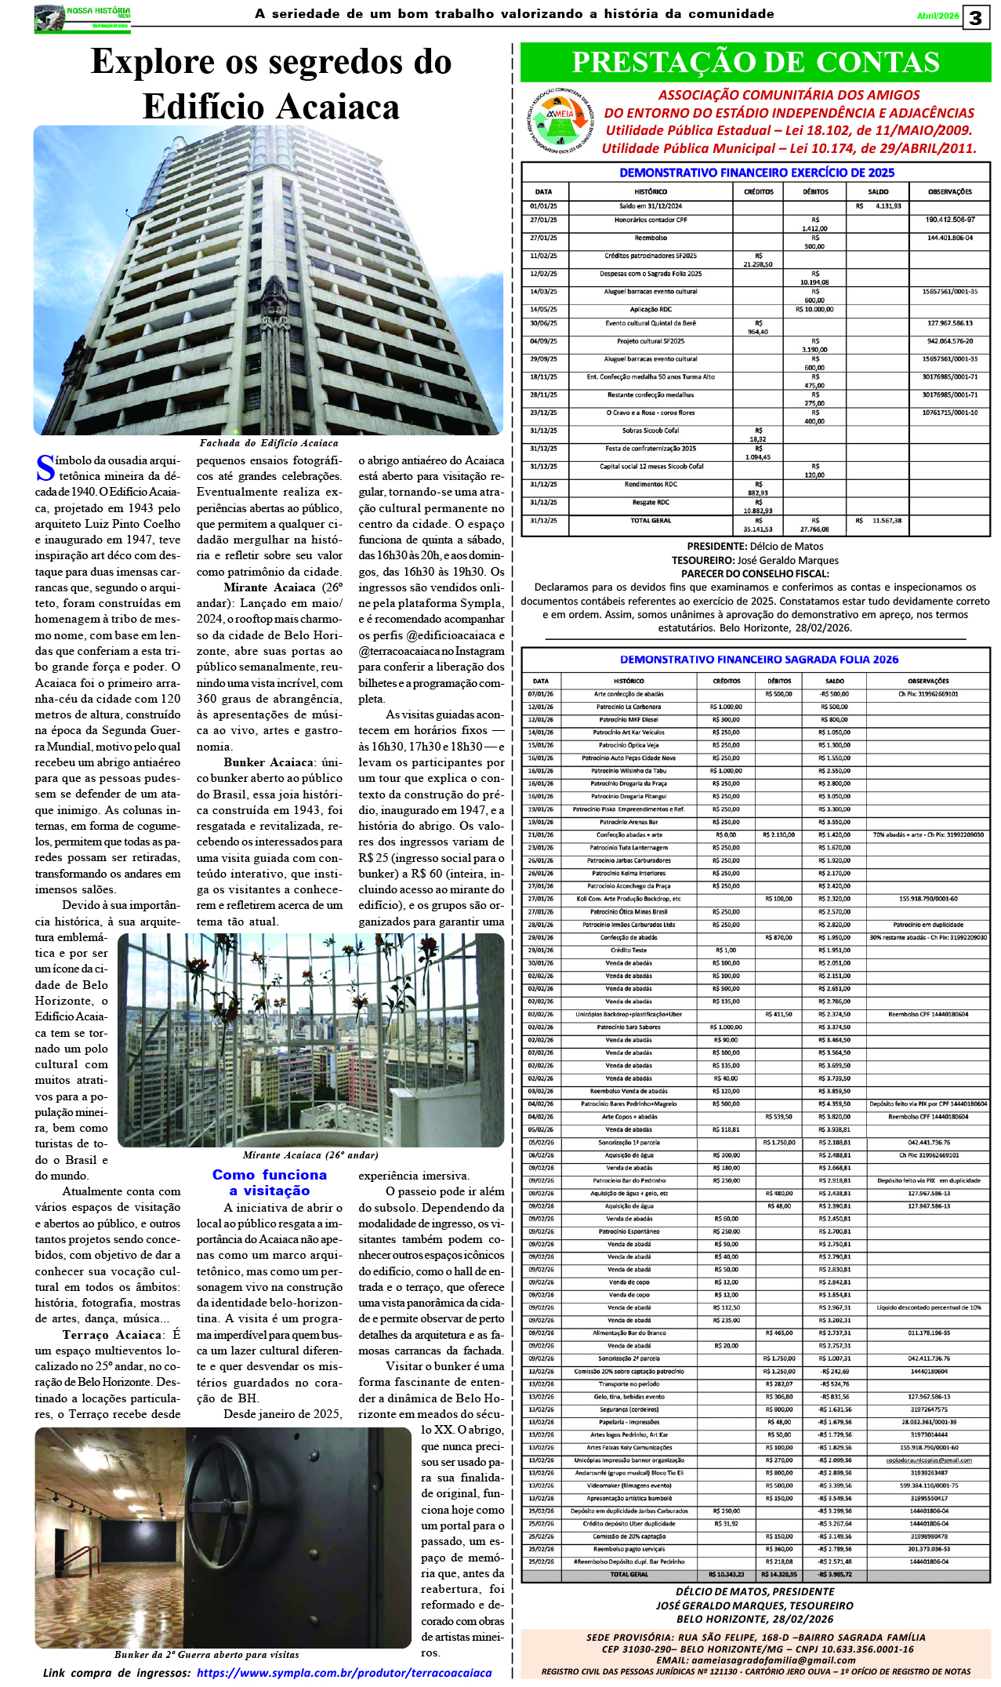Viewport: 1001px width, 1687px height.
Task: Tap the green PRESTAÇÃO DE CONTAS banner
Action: tap(755, 63)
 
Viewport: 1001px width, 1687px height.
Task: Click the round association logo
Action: tap(560, 121)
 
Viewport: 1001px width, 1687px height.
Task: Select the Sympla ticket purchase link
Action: tap(344, 1672)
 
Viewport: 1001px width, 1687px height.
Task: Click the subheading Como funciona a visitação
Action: tap(269, 1182)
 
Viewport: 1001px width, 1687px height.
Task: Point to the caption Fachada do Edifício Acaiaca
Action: tap(268, 443)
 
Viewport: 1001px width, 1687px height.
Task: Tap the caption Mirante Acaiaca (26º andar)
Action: tap(310, 1154)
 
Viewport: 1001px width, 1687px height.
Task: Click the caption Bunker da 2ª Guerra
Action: tap(206, 1654)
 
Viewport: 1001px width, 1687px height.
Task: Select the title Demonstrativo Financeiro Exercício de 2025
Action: tap(756, 173)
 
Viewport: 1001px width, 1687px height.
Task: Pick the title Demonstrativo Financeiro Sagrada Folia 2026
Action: tap(759, 660)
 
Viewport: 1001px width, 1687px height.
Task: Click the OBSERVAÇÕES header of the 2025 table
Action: tap(949, 191)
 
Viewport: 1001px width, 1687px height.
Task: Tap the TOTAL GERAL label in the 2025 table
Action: tap(651, 521)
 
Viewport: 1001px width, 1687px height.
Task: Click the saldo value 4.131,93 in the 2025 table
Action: tap(888, 206)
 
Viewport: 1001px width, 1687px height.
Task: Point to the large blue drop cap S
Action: tap(45, 468)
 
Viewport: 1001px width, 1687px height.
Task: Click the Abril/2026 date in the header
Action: tap(938, 16)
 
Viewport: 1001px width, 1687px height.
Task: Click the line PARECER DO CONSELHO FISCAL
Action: tap(755, 573)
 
